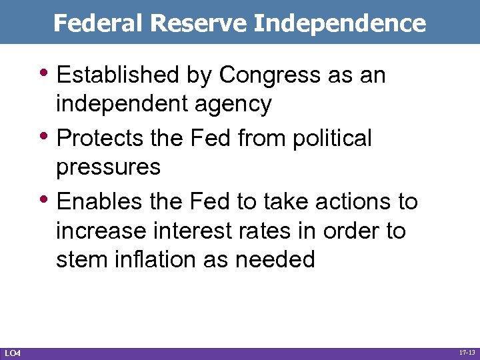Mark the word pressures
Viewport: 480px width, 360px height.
click(108, 168)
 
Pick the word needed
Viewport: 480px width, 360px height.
click(275, 259)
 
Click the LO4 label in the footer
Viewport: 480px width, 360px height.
click(12, 352)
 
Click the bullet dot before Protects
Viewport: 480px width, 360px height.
click(49, 135)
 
